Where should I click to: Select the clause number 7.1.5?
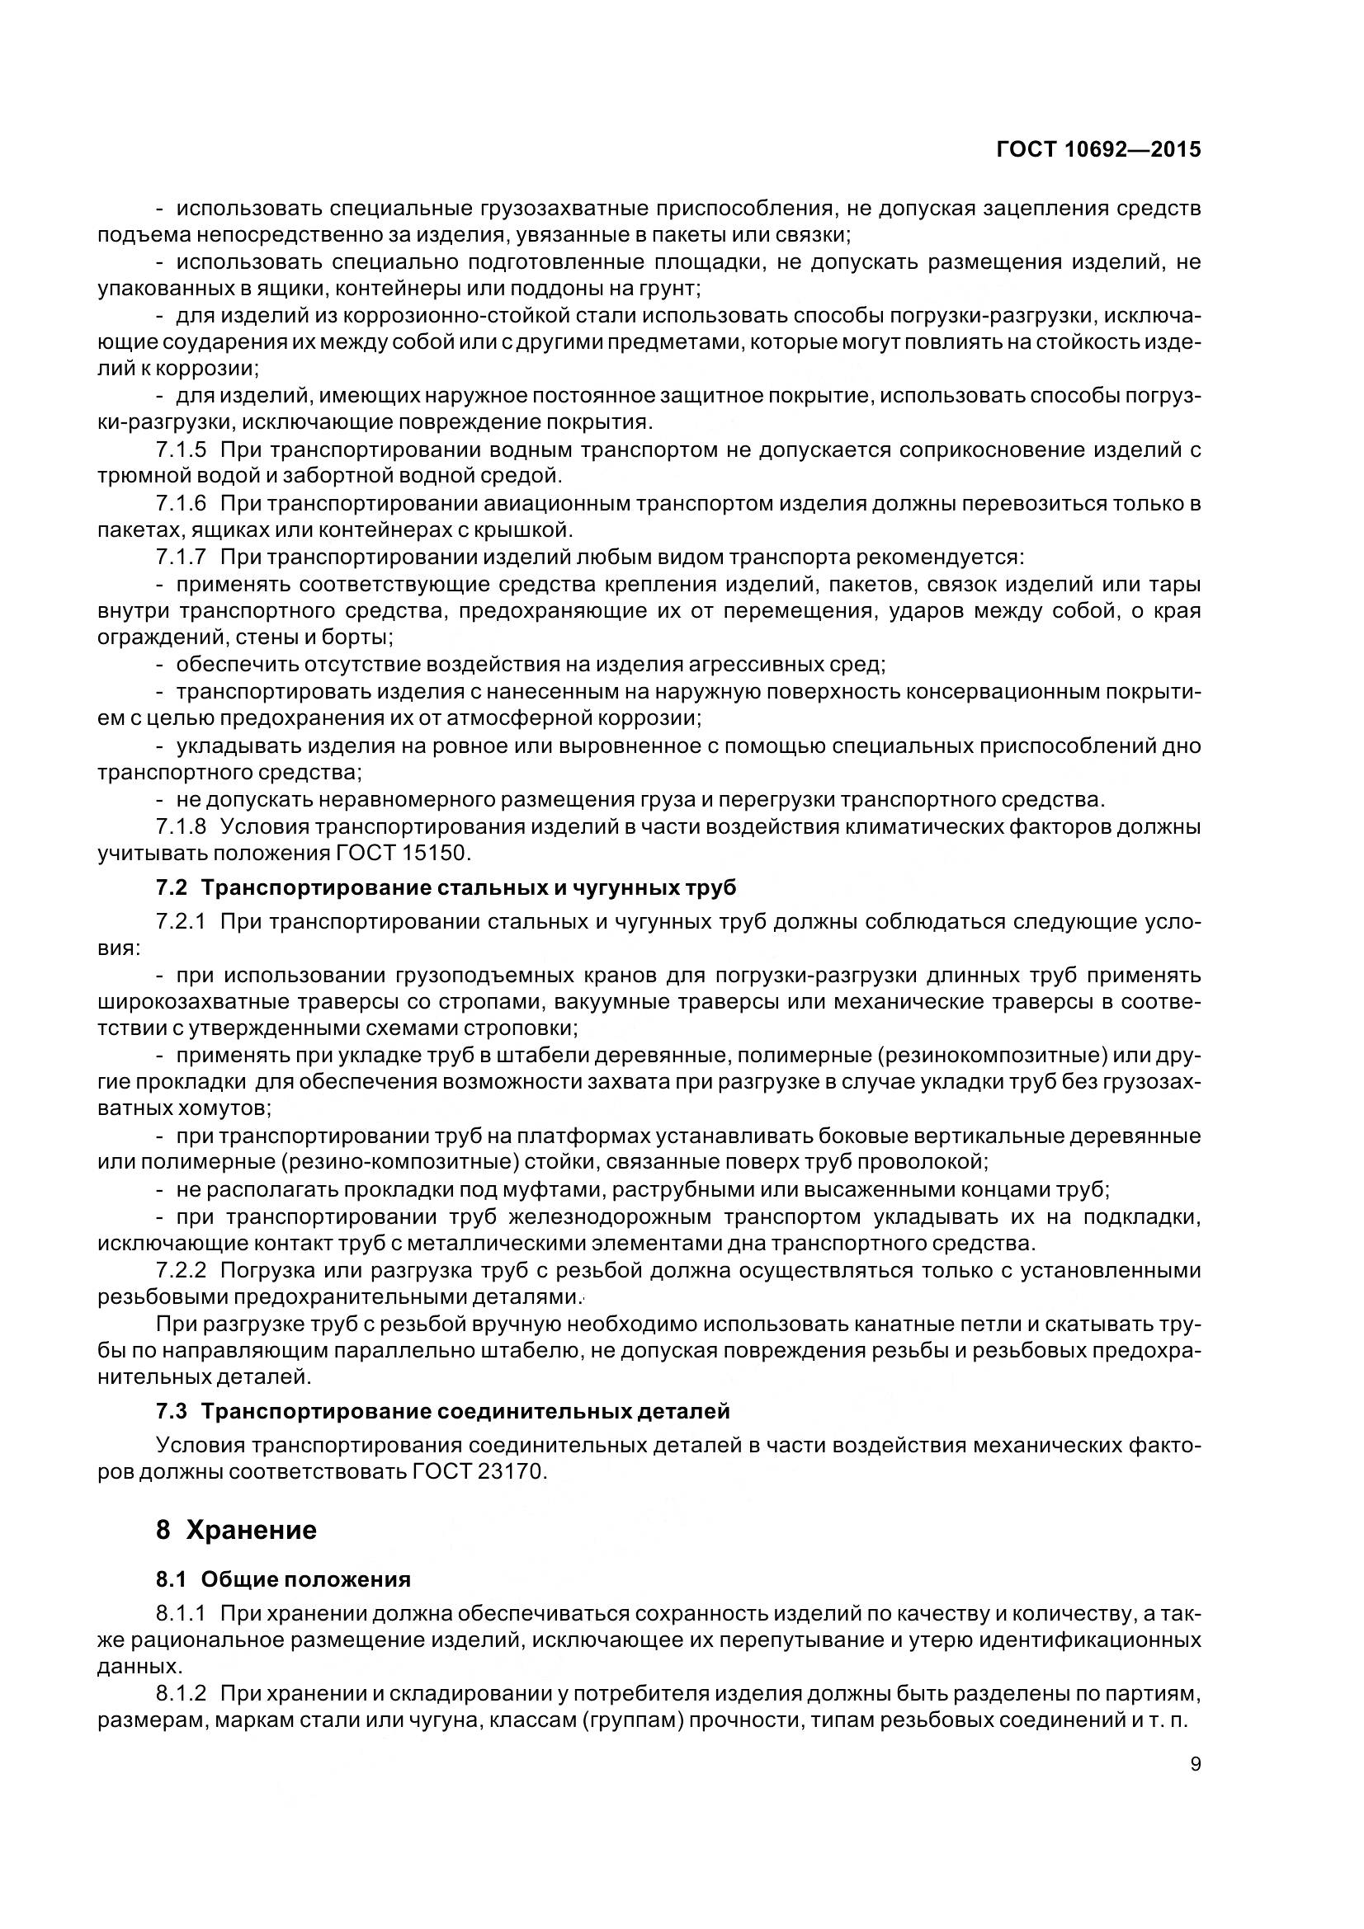(181, 450)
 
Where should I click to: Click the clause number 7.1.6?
(181, 504)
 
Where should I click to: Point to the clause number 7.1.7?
(181, 557)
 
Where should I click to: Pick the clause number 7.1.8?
(181, 826)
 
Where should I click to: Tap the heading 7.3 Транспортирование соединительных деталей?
(443, 1411)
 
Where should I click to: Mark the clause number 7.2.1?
(181, 922)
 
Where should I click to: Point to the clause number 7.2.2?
(181, 1270)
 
